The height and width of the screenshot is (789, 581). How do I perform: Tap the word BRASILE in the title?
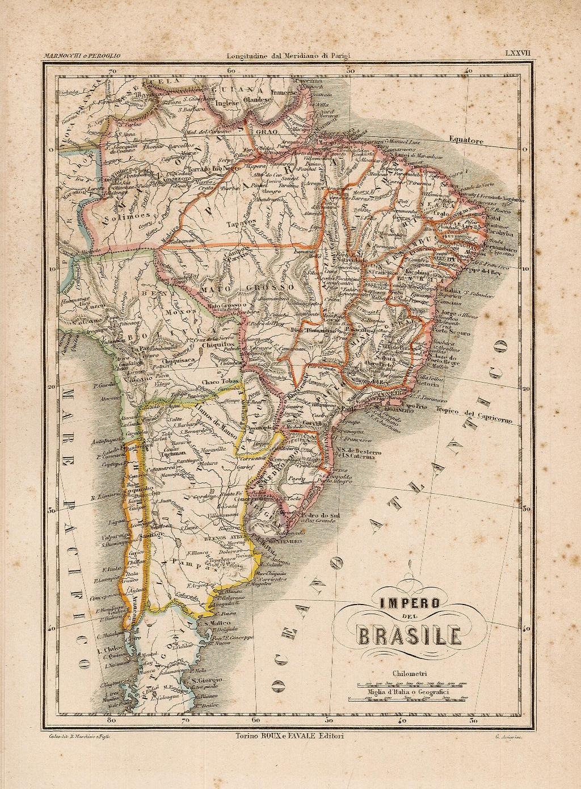(x=409, y=635)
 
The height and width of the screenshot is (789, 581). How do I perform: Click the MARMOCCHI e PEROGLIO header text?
(x=82, y=55)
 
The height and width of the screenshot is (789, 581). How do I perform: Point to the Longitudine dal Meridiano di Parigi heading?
(x=289, y=55)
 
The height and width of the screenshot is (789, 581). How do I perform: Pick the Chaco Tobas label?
(x=219, y=381)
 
